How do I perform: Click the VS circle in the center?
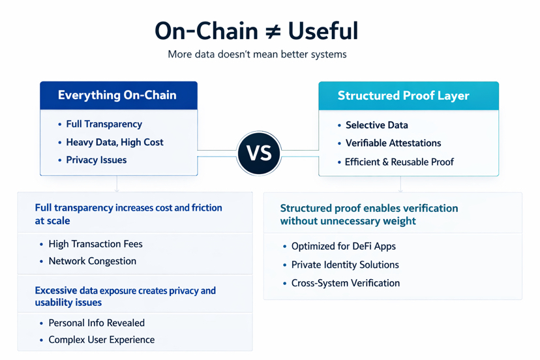pyautogui.click(x=259, y=153)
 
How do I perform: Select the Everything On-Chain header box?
pyautogui.click(x=118, y=95)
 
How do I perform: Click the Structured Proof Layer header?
pyautogui.click(x=408, y=96)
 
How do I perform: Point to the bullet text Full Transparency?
pyautogui.click(x=104, y=124)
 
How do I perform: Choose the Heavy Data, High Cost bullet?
pyautogui.click(x=114, y=142)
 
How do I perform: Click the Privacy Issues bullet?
pyautogui.click(x=96, y=160)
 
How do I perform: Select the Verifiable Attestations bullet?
pyautogui.click(x=393, y=143)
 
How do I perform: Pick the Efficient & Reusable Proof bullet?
pyautogui.click(x=399, y=162)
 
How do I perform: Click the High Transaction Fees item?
pyautogui.click(x=95, y=244)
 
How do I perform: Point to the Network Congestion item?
pyautogui.click(x=92, y=261)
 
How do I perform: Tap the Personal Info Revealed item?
pyautogui.click(x=97, y=323)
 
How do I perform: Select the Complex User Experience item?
pyautogui.click(x=101, y=340)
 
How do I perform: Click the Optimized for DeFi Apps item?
pyautogui.click(x=343, y=247)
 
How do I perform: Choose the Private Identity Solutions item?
pyautogui.click(x=345, y=265)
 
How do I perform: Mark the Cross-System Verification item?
pyautogui.click(x=345, y=283)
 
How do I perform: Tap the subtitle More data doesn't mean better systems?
pyautogui.click(x=257, y=54)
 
